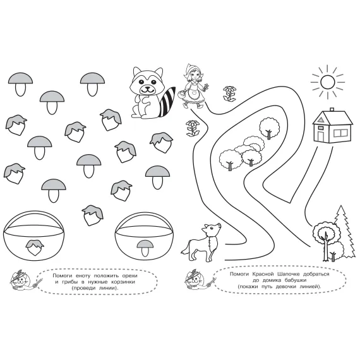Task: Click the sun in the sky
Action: [x=327, y=81]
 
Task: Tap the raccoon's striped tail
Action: [x=167, y=102]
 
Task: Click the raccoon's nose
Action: [x=147, y=88]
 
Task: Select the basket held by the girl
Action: [x=183, y=93]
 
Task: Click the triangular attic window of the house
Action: [x=321, y=119]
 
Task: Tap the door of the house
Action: [x=321, y=135]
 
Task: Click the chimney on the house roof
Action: [x=332, y=109]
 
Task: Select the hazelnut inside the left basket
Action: [x=35, y=248]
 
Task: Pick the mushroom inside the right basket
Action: [x=145, y=248]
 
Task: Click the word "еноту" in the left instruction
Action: [x=80, y=276]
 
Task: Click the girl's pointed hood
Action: [x=192, y=68]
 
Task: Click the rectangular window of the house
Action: [x=340, y=133]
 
